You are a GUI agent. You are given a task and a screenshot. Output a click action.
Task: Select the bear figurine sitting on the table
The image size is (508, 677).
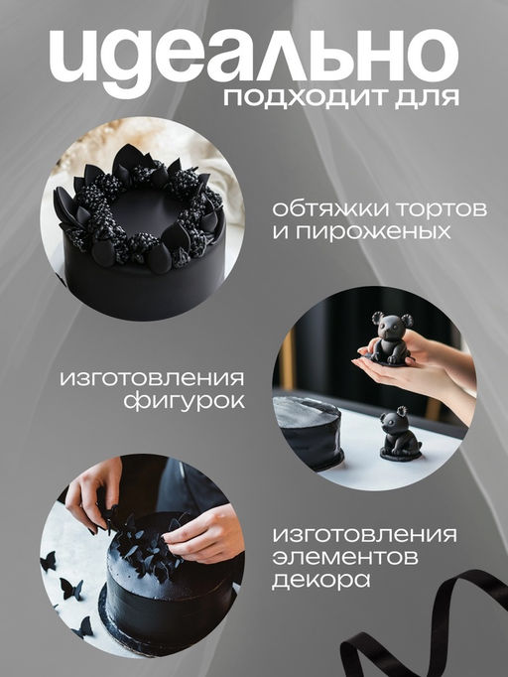[400, 435]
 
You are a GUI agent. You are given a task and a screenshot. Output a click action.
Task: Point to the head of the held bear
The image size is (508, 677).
[392, 325]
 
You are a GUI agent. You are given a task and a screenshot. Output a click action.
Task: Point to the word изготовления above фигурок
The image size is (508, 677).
[151, 379]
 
